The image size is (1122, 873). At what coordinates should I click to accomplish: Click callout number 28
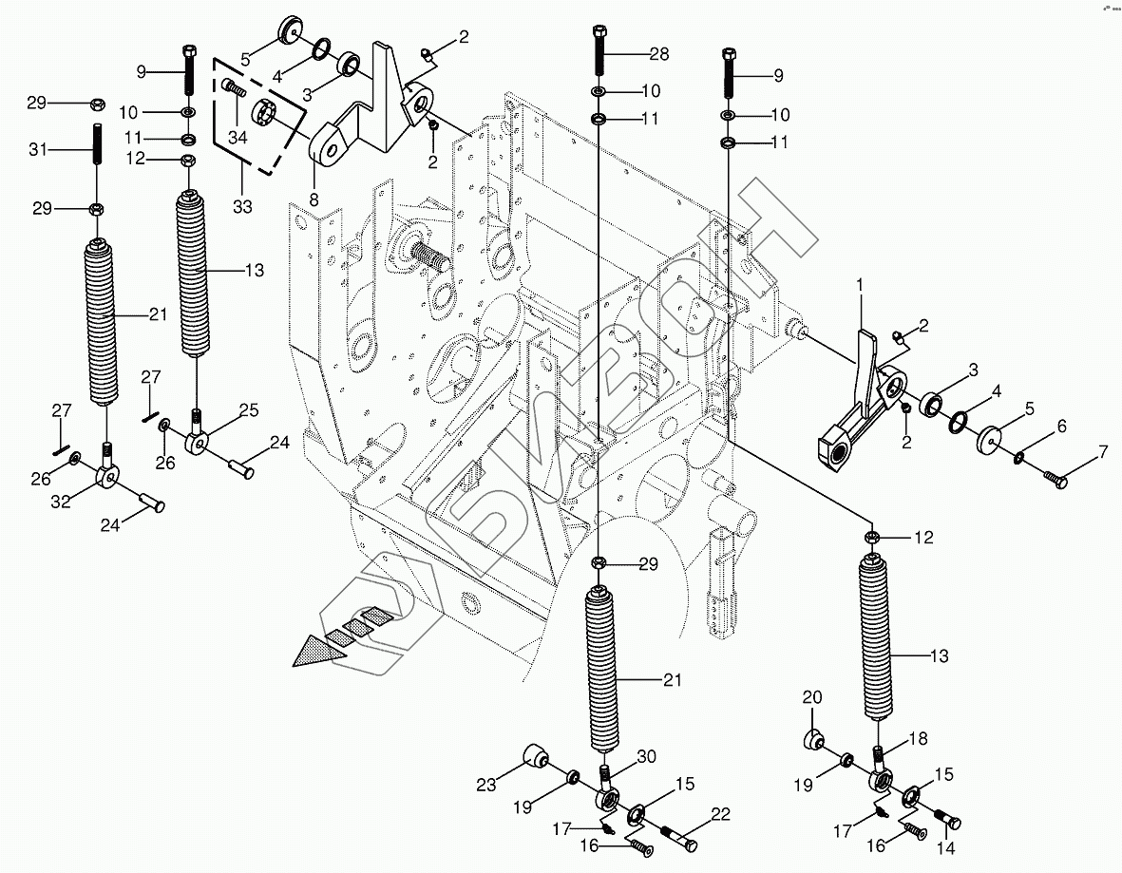658,54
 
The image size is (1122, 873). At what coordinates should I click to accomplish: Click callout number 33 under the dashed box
242,206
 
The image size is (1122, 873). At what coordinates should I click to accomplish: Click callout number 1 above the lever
861,284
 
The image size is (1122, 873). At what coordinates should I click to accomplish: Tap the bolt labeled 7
1053,479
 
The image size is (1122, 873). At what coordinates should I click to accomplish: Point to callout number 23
486,785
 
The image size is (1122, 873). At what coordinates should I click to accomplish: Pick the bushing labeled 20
815,739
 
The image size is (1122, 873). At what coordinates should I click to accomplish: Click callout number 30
646,756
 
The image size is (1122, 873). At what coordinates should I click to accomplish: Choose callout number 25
248,410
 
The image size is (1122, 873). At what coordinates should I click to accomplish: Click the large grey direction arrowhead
319,651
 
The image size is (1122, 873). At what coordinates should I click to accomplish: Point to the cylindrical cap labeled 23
535,758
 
